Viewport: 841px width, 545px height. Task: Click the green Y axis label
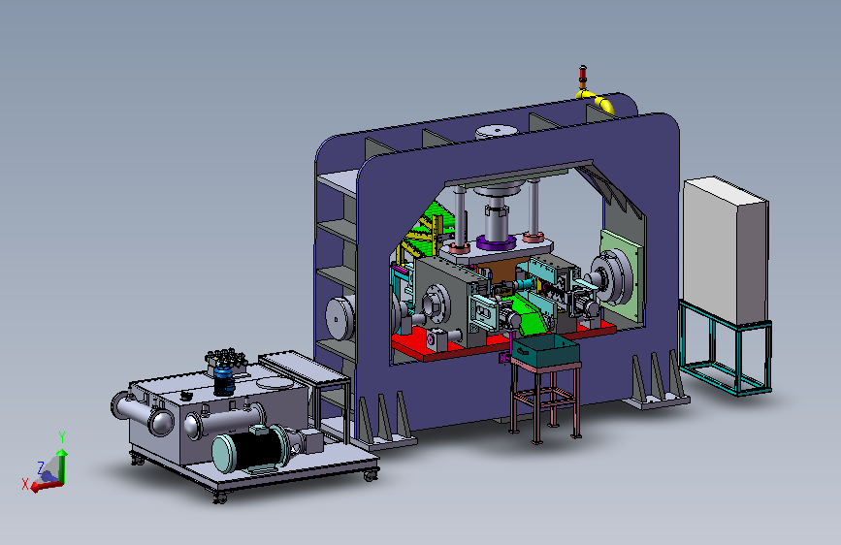tap(62, 437)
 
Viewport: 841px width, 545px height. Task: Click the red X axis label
tap(25, 484)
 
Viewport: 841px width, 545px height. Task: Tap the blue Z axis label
tap(40, 467)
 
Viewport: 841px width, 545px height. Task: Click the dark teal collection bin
tap(545, 351)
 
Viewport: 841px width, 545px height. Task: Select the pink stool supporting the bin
tap(545, 401)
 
